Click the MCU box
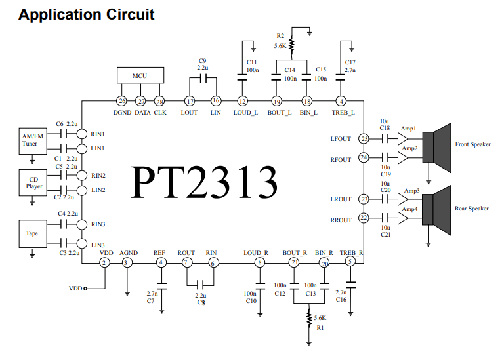click(140, 75)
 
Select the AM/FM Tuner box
click(30, 139)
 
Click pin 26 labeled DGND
click(121, 101)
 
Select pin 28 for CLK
click(159, 101)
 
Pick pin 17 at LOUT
click(190, 101)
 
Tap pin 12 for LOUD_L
click(242, 101)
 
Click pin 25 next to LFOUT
click(365, 138)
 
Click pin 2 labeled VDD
click(104, 262)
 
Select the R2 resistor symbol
click(291, 46)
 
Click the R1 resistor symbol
click(309, 319)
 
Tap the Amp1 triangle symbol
click(402, 139)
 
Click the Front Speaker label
click(472, 144)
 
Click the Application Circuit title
click(86, 14)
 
